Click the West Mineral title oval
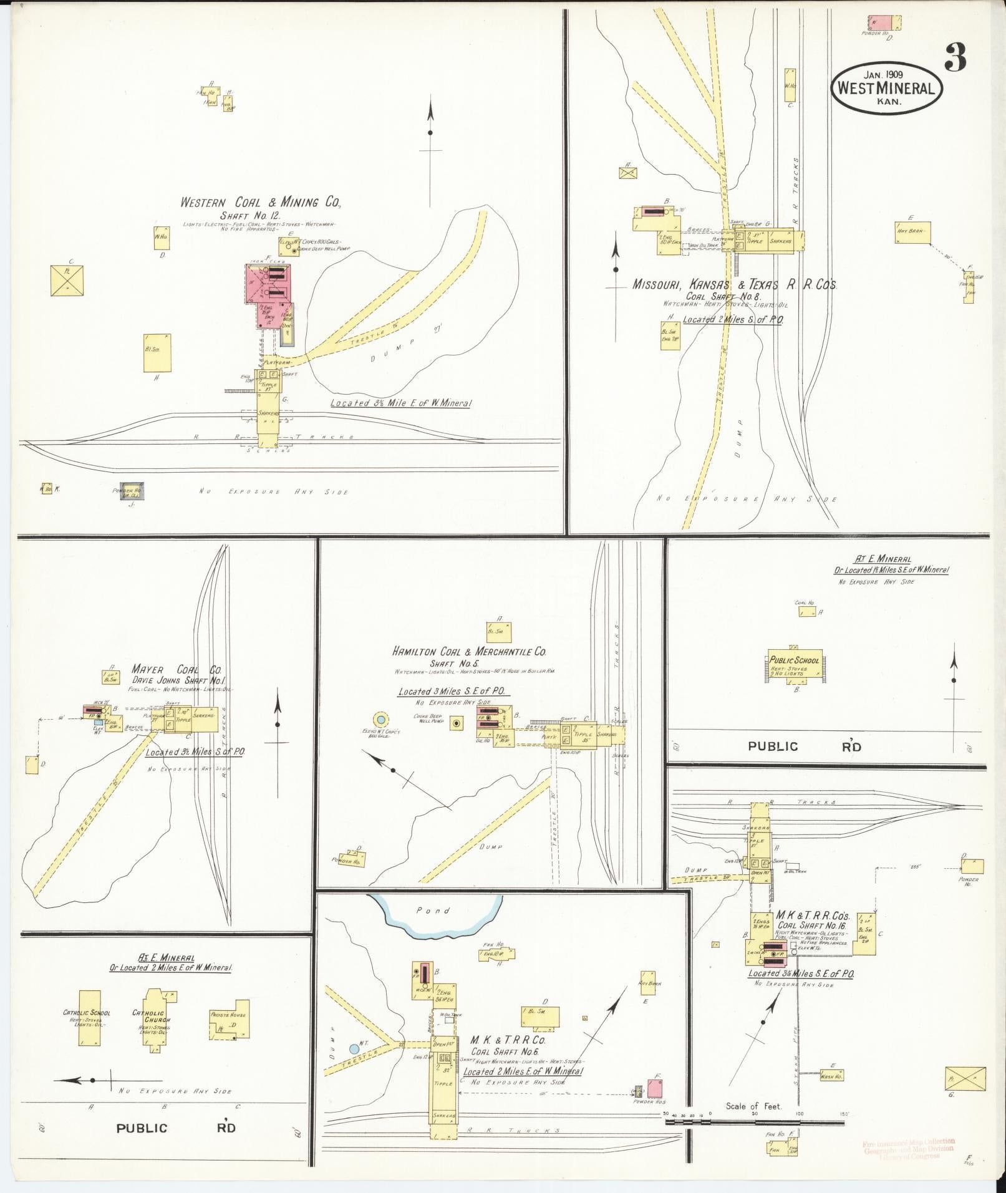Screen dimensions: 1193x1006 coord(886,89)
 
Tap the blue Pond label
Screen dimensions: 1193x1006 coord(433,910)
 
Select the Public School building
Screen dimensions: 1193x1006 coord(793,665)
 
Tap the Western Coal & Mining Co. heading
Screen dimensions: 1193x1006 coord(260,203)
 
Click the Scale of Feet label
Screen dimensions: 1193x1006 coord(753,1106)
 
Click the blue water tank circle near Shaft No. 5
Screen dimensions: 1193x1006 coord(380,720)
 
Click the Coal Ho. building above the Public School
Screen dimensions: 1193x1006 coord(806,612)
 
